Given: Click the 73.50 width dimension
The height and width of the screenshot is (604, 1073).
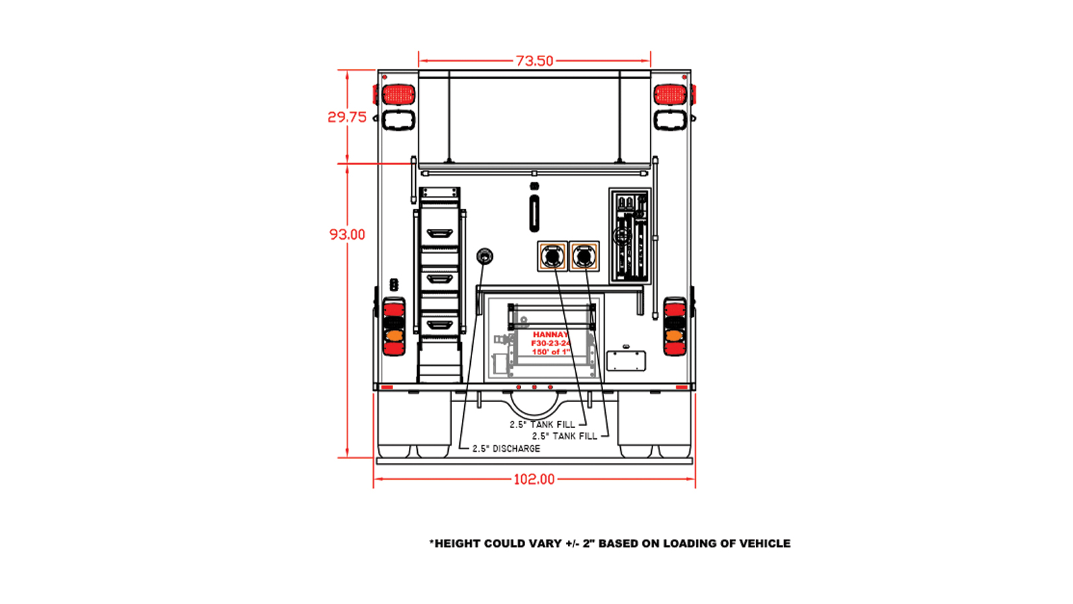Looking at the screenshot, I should tap(534, 61).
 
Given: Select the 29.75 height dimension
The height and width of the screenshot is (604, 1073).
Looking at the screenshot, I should tap(347, 117).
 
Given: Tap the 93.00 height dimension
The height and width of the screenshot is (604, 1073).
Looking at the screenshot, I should tap(347, 234).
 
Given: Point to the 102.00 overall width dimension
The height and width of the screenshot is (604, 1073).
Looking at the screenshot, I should tap(534, 479).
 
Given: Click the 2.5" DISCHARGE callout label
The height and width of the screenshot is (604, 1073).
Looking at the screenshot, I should tap(506, 448).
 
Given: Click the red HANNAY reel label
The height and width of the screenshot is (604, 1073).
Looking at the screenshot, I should tap(551, 334).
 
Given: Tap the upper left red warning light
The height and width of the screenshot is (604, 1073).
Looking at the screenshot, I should tap(398, 95).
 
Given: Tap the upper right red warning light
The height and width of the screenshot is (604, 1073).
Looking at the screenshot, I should tap(670, 95).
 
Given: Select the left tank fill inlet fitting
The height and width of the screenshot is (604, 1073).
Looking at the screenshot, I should tap(553, 256).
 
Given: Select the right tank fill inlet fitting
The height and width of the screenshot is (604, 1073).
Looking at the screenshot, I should tap(584, 256).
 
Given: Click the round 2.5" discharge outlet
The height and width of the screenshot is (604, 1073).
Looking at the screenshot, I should tap(484, 256).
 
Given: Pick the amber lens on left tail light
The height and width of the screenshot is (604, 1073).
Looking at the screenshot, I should tap(394, 334).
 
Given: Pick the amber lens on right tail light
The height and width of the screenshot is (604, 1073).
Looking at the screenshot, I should tap(675, 334).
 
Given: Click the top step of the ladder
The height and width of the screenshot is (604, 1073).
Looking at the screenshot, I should tap(439, 234).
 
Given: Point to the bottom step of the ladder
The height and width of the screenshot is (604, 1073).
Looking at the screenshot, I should tap(439, 325).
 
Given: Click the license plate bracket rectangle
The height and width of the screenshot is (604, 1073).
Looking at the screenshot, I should tap(626, 360).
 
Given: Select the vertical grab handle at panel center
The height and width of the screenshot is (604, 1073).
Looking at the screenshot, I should tap(534, 213).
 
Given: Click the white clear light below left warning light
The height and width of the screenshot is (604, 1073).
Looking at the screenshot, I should tap(398, 120).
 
